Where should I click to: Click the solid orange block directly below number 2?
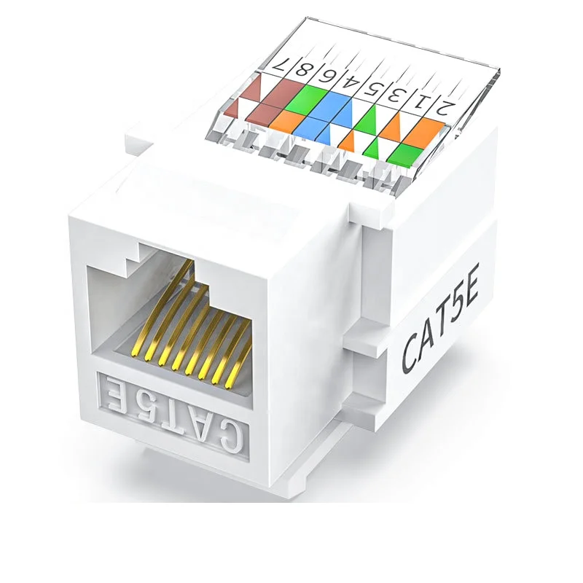coord(433,133)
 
